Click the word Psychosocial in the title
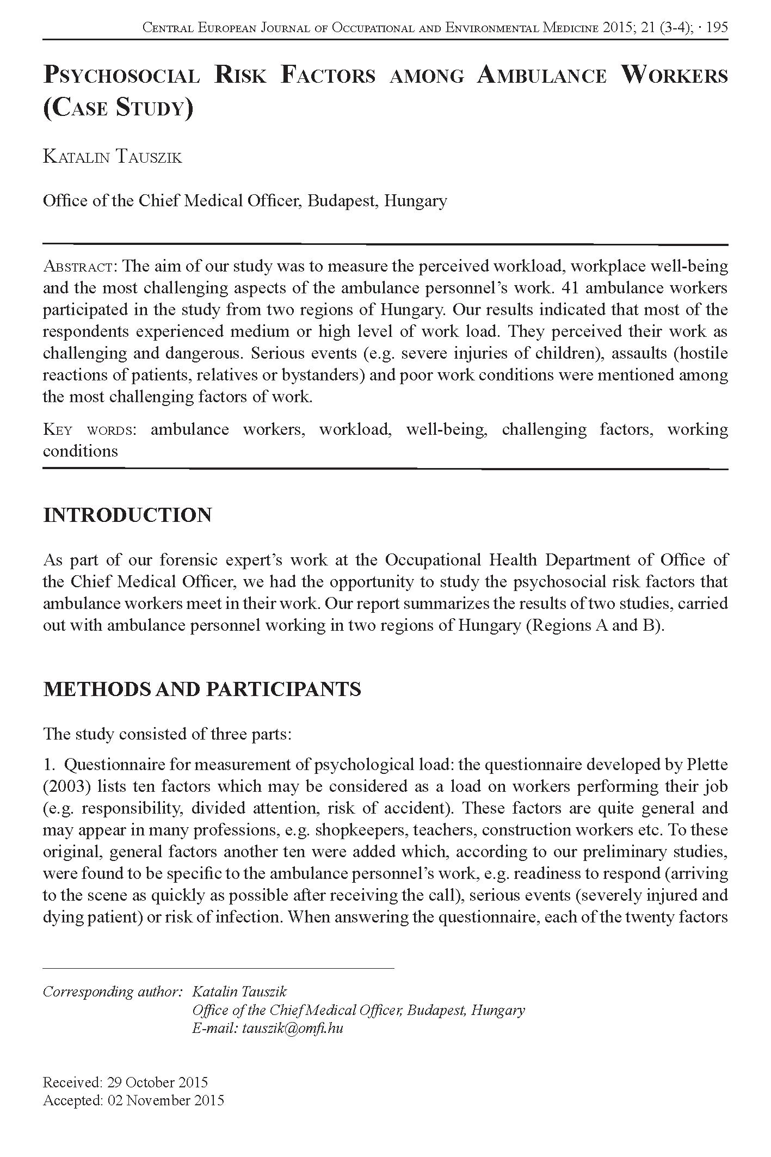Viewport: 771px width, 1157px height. pyautogui.click(x=121, y=76)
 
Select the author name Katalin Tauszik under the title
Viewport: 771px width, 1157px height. pyautogui.click(x=112, y=157)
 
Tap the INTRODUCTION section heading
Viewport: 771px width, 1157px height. pyautogui.click(x=127, y=515)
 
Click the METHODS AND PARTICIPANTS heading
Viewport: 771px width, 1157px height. pyautogui.click(x=202, y=689)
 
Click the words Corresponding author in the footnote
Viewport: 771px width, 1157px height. pyautogui.click(x=112, y=991)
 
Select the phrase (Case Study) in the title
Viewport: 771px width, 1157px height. pyautogui.click(x=118, y=107)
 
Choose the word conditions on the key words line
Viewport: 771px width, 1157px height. pyautogui.click(x=80, y=451)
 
